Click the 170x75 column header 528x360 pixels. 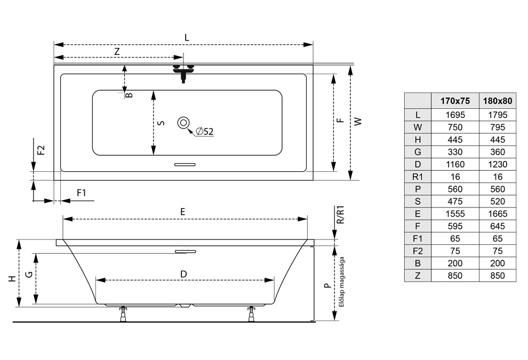(x=454, y=101)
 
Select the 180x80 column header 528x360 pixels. (x=497, y=101)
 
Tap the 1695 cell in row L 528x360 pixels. (x=454, y=115)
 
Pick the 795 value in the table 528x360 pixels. (x=497, y=127)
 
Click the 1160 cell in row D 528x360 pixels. (x=454, y=164)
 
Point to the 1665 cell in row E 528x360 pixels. (x=497, y=214)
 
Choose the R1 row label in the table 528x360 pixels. (x=418, y=177)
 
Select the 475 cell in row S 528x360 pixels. (x=454, y=202)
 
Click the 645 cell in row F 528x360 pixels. (x=497, y=226)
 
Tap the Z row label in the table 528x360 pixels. (x=418, y=276)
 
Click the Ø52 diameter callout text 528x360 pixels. (x=204, y=131)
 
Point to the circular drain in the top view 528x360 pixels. (x=183, y=123)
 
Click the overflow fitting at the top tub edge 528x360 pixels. (x=184, y=71)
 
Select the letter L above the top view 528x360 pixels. (x=186, y=38)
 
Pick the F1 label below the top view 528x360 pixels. (x=82, y=193)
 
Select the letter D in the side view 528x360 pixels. (x=183, y=274)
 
